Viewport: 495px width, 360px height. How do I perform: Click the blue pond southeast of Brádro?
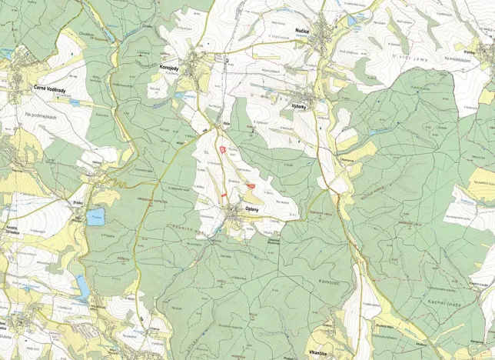point(95,217)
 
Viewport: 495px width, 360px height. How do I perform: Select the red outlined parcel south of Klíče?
point(222,149)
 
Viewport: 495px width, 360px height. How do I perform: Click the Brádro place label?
point(78,202)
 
